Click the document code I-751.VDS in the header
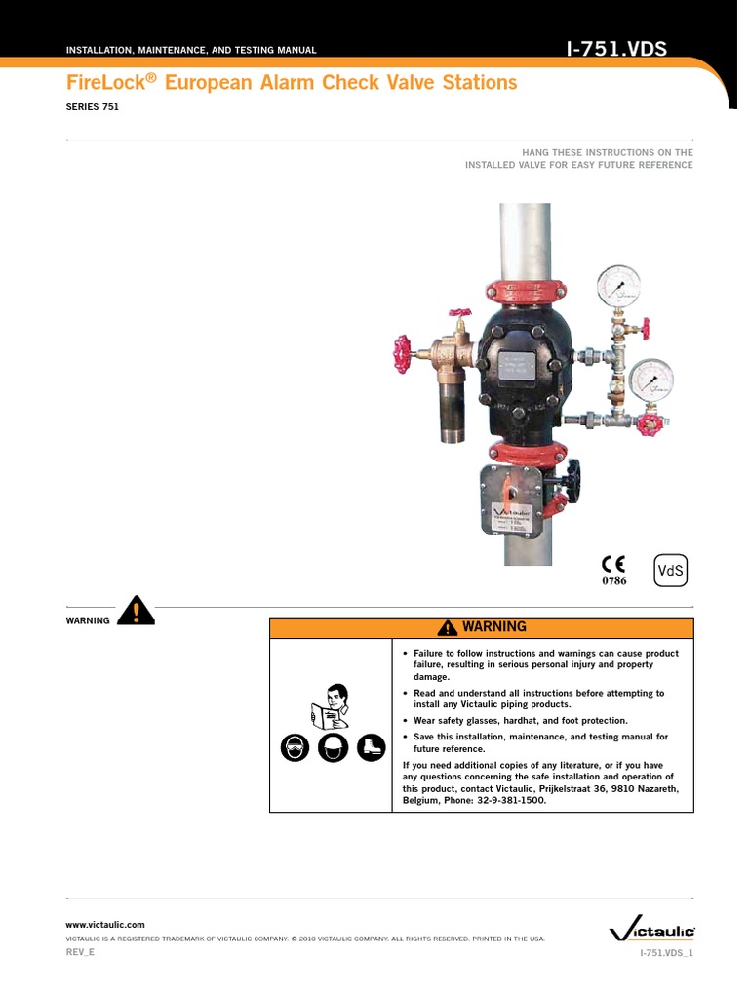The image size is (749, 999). (618, 48)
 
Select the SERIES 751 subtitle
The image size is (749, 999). (92, 108)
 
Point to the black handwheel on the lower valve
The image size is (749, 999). (566, 481)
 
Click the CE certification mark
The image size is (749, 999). (612, 565)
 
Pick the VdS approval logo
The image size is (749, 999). (671, 572)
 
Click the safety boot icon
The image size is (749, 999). (371, 748)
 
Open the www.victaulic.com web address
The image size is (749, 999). (105, 924)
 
